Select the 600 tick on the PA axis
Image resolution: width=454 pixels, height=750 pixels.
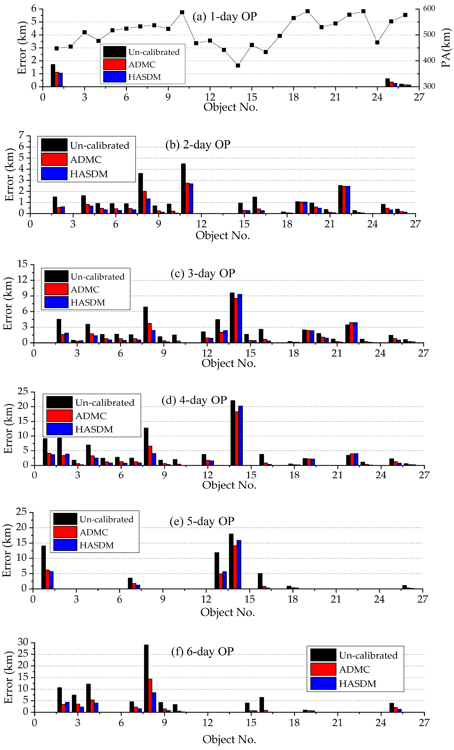[x=429, y=8]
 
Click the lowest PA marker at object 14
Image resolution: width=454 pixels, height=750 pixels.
[x=238, y=65]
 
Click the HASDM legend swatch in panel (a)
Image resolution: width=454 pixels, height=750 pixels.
[x=115, y=77]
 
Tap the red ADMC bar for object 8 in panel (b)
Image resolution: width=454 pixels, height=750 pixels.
[x=145, y=202]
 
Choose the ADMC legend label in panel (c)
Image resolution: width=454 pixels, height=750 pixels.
[x=85, y=289]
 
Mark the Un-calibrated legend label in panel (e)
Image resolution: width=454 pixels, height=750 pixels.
[x=106, y=519]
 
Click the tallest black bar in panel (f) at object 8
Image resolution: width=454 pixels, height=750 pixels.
[x=146, y=678]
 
